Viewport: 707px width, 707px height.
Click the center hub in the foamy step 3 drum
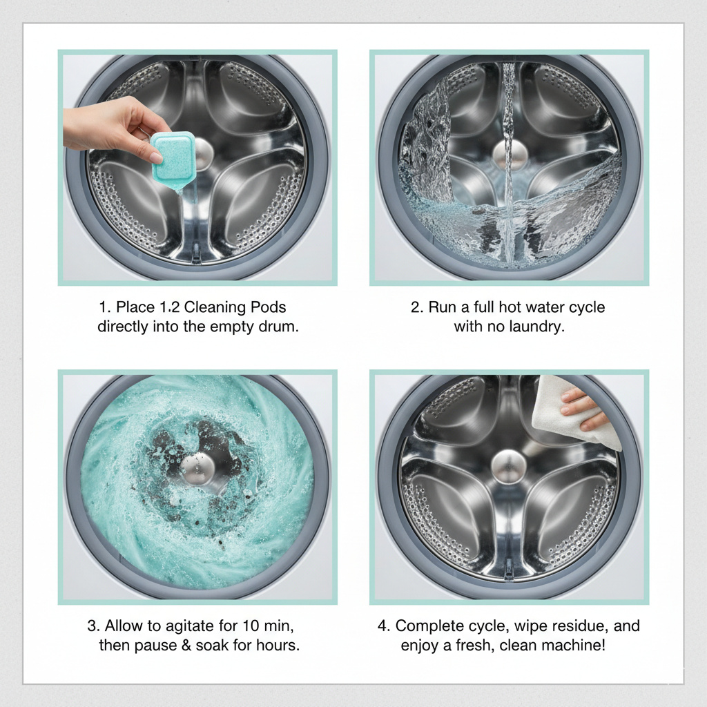(198, 468)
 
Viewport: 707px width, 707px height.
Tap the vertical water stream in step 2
(509, 162)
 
